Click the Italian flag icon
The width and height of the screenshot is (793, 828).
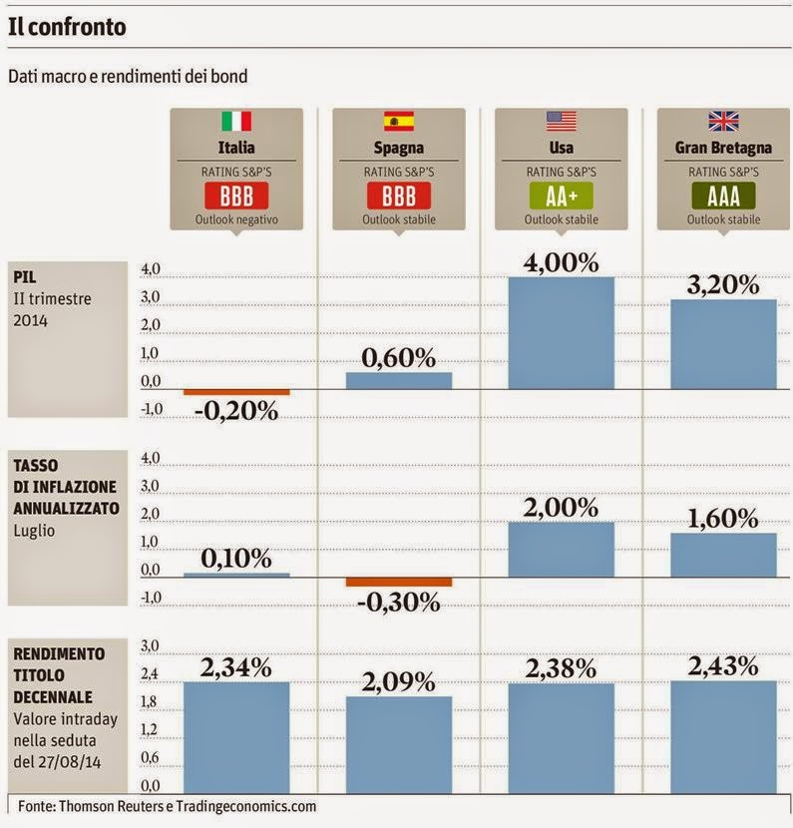pyautogui.click(x=235, y=122)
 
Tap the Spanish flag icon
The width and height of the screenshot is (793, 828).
pyautogui.click(x=398, y=122)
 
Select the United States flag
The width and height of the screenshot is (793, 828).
pyautogui.click(x=561, y=122)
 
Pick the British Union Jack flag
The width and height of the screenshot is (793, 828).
pyautogui.click(x=723, y=122)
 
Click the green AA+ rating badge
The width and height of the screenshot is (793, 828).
pyautogui.click(x=561, y=195)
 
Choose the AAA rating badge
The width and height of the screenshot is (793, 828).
pyautogui.click(x=723, y=195)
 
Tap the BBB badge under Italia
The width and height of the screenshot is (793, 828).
pyautogui.click(x=235, y=195)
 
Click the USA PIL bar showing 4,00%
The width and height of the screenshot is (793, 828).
pyautogui.click(x=562, y=332)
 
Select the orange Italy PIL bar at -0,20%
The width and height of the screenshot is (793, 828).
pyautogui.click(x=236, y=392)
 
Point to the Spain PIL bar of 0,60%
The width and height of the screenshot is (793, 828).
pyautogui.click(x=399, y=380)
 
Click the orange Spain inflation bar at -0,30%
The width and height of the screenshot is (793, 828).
pyautogui.click(x=399, y=582)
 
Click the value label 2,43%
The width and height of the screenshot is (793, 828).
pyautogui.click(x=723, y=666)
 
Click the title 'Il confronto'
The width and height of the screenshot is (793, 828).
pyautogui.click(x=67, y=27)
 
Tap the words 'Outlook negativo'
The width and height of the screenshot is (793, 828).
pyautogui.click(x=236, y=219)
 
